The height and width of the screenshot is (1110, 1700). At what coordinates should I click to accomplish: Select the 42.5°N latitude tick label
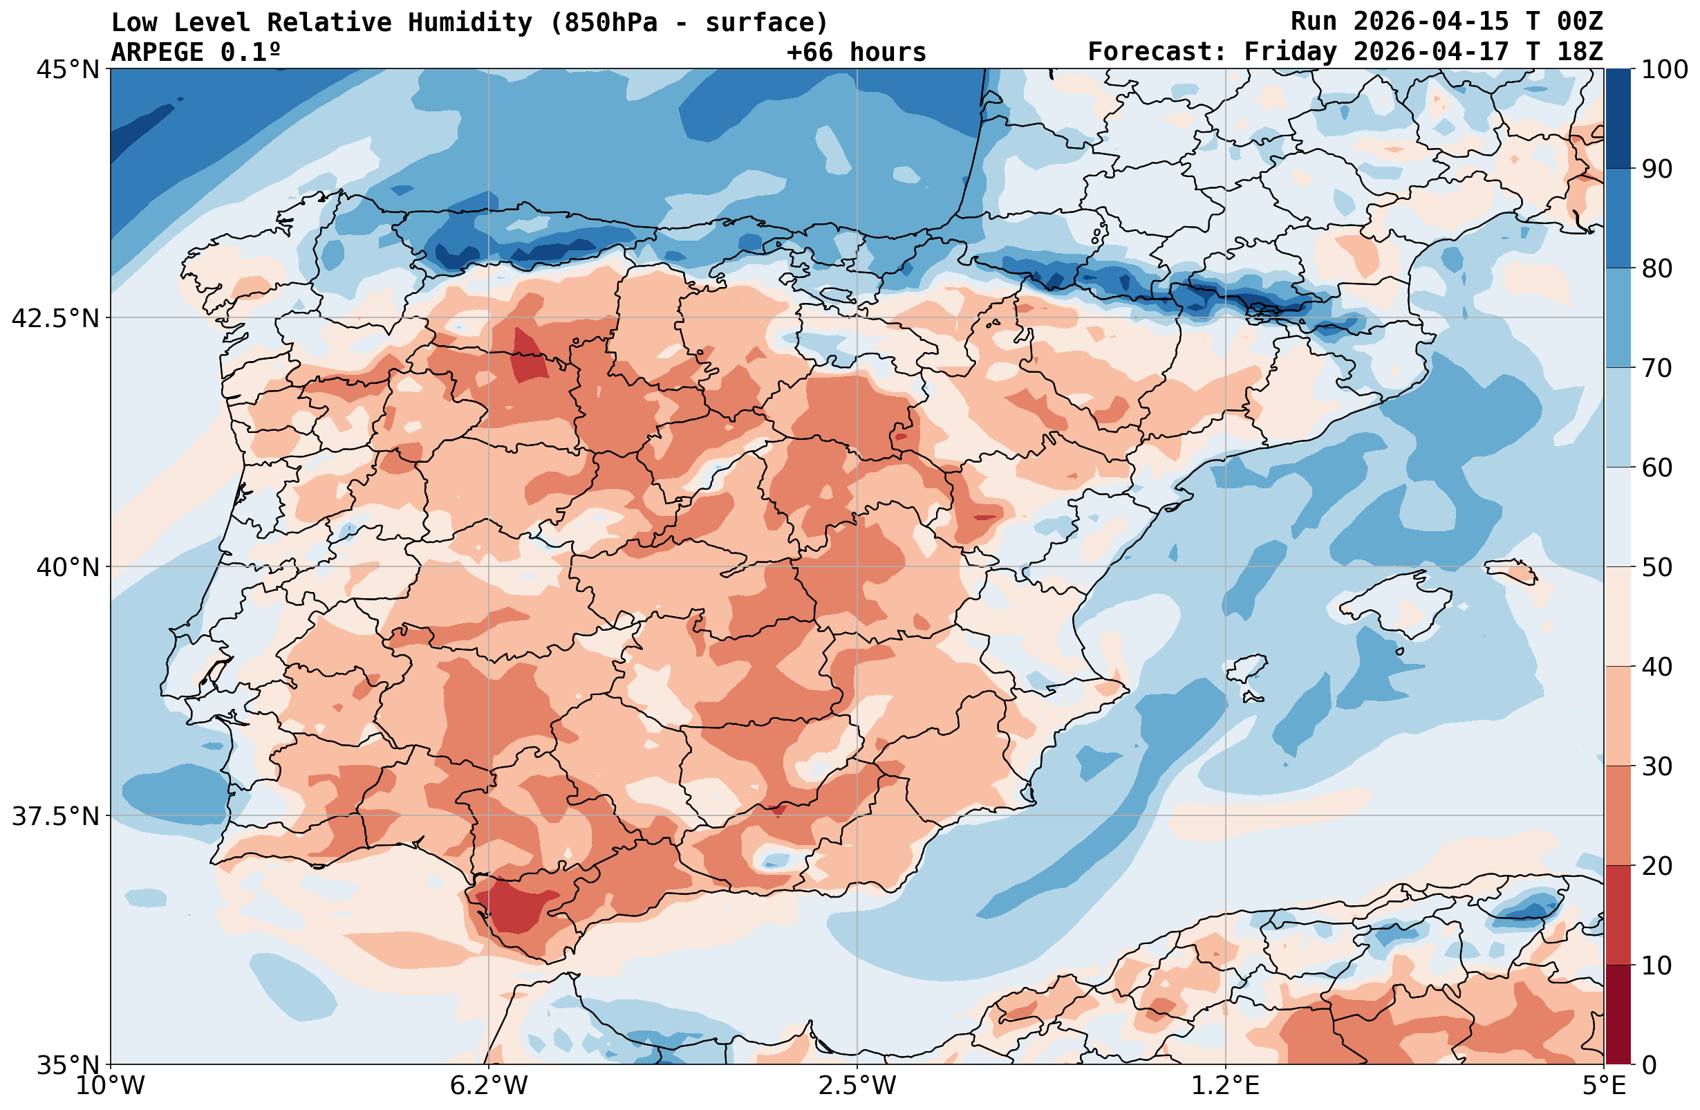(x=56, y=318)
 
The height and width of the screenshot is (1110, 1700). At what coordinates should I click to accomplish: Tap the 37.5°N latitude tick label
(x=56, y=815)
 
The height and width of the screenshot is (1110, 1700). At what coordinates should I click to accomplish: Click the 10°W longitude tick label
(x=111, y=1086)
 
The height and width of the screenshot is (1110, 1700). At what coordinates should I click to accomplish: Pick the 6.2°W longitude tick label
(x=489, y=1086)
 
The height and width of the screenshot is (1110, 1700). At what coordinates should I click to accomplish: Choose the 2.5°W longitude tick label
(x=857, y=1086)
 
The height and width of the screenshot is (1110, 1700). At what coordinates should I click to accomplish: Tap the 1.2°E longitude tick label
(x=1226, y=1086)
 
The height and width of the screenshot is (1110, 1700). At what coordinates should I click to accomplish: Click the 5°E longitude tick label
(x=1604, y=1086)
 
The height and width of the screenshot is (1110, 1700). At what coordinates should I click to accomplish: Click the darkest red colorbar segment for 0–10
(x=1618, y=1015)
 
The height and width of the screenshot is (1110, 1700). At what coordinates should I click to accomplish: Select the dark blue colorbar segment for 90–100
(x=1618, y=119)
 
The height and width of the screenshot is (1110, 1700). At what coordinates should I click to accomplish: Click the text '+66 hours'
(x=857, y=52)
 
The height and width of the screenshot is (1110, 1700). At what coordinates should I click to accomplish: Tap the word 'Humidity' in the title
(x=470, y=23)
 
